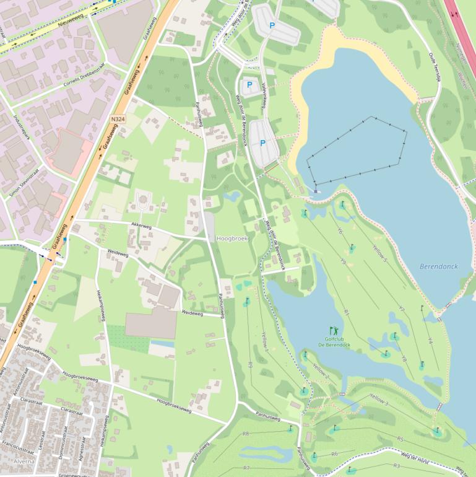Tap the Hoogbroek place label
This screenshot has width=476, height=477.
232,238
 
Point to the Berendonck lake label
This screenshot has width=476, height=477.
438,266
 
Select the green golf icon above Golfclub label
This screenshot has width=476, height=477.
334,331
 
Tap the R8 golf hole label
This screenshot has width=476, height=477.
246,433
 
